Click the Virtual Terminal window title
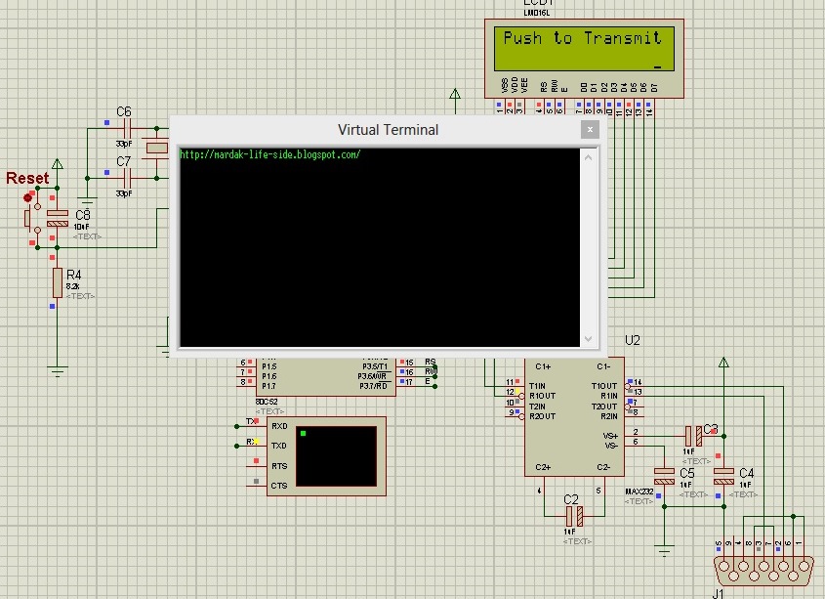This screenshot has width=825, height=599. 388,129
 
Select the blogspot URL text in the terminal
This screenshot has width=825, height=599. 270,154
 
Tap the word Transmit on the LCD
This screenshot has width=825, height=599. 622,38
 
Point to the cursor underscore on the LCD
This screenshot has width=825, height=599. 658,66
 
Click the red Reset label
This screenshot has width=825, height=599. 27,178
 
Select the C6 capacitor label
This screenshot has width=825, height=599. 124,112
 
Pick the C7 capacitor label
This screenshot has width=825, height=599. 124,161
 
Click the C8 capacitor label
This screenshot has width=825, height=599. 83,214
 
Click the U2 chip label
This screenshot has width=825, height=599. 633,340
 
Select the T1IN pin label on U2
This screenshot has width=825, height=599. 537,385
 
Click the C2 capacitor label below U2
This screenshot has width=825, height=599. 571,499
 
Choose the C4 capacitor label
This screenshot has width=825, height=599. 746,473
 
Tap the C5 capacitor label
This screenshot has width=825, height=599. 687,473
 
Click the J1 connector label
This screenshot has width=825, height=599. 718,592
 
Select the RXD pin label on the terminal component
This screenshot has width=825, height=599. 279,426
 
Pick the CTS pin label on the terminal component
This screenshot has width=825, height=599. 279,485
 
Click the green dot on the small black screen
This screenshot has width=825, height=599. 304,433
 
